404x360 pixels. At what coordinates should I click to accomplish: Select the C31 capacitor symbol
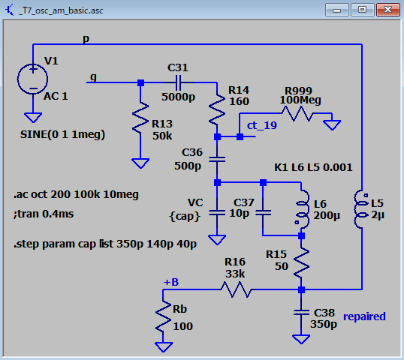[x=178, y=82]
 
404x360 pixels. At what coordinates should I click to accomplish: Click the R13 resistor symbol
[x=140, y=118]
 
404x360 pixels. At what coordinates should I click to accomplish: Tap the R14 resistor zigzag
[x=217, y=109]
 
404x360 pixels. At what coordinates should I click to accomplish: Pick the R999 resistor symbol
[x=297, y=113]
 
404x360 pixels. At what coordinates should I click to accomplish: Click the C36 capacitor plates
[x=217, y=160]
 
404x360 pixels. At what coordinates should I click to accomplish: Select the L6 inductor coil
[x=303, y=209]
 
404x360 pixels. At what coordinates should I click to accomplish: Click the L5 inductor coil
[x=361, y=209]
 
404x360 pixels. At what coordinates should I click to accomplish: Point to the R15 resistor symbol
[x=301, y=263]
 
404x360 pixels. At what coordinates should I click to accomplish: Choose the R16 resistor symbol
[x=236, y=289]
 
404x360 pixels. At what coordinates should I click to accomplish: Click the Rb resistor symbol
[x=163, y=316]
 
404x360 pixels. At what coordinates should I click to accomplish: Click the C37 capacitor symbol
[x=263, y=213]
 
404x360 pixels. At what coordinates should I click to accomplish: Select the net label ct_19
[x=262, y=125]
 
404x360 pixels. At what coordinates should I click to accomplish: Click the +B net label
[x=171, y=282]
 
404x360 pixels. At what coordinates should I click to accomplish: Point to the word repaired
[x=364, y=316]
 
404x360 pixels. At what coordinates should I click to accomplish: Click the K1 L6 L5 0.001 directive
[x=313, y=167]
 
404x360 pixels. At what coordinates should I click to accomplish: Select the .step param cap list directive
[x=105, y=244]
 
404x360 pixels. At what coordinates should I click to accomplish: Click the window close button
[x=387, y=10]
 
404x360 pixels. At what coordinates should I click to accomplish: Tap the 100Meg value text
[x=300, y=100]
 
